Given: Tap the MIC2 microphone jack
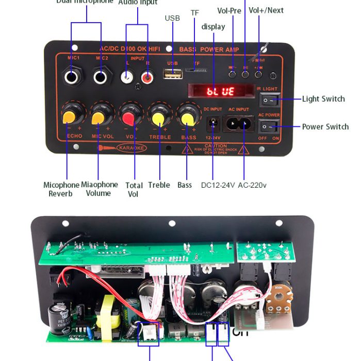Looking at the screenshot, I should coord(101,77).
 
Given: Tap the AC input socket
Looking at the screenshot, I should coord(238,124).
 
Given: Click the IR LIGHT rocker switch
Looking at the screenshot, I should coord(268,99).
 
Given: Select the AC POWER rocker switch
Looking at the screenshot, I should coord(268,126).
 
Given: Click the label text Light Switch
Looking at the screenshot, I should coord(323,99).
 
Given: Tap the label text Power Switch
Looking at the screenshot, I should coord(325,127).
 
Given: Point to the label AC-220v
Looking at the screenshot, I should coord(252,185).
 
